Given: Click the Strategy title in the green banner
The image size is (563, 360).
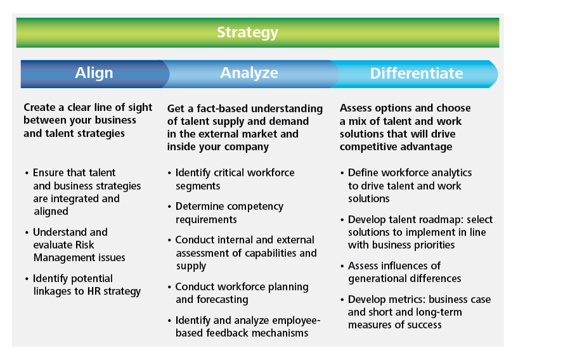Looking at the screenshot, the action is [247, 33].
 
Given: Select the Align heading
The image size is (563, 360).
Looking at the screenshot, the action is [94, 74].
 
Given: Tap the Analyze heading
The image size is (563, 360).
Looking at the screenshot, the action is [249, 74].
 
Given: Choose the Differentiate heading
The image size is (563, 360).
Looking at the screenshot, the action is [417, 74].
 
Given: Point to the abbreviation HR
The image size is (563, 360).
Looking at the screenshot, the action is [94, 291].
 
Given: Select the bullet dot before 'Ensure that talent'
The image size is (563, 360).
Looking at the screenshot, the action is [27, 174].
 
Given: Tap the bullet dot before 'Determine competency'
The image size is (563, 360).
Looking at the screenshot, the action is [169, 207].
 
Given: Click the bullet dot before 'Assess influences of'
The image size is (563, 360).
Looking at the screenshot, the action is [342, 266].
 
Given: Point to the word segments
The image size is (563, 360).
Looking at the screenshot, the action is [198, 186].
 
